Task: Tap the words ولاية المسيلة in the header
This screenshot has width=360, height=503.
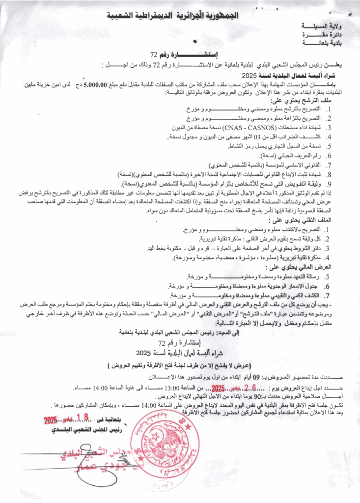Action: click(321, 26)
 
